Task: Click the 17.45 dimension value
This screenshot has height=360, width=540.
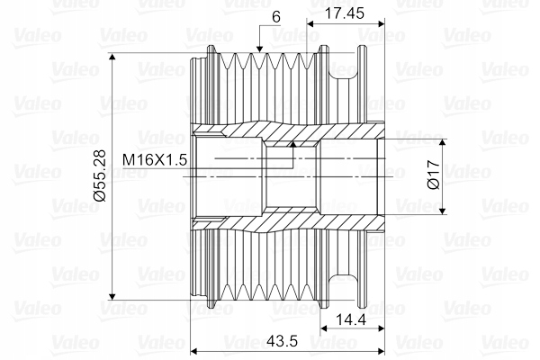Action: [344, 13]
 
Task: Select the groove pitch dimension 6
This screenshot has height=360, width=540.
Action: [276, 17]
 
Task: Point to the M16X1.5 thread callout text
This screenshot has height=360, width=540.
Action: [155, 160]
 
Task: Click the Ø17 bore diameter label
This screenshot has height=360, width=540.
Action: [433, 175]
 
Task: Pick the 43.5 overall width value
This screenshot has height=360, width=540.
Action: [282, 341]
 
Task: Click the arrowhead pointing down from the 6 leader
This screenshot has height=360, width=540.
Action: [259, 49]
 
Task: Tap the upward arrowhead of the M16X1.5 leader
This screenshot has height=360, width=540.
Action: [293, 145]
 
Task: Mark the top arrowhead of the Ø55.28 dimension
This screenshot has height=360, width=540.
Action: [112, 58]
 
